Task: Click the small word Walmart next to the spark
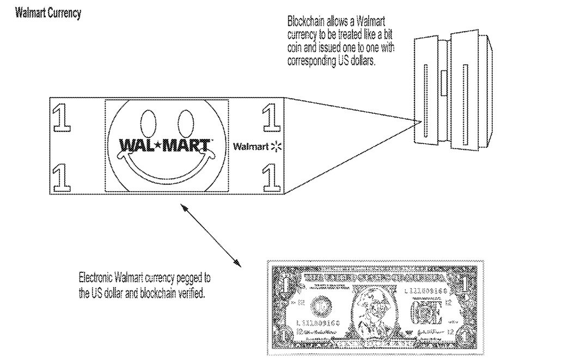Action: (x=251, y=147)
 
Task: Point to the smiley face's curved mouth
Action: (x=166, y=169)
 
